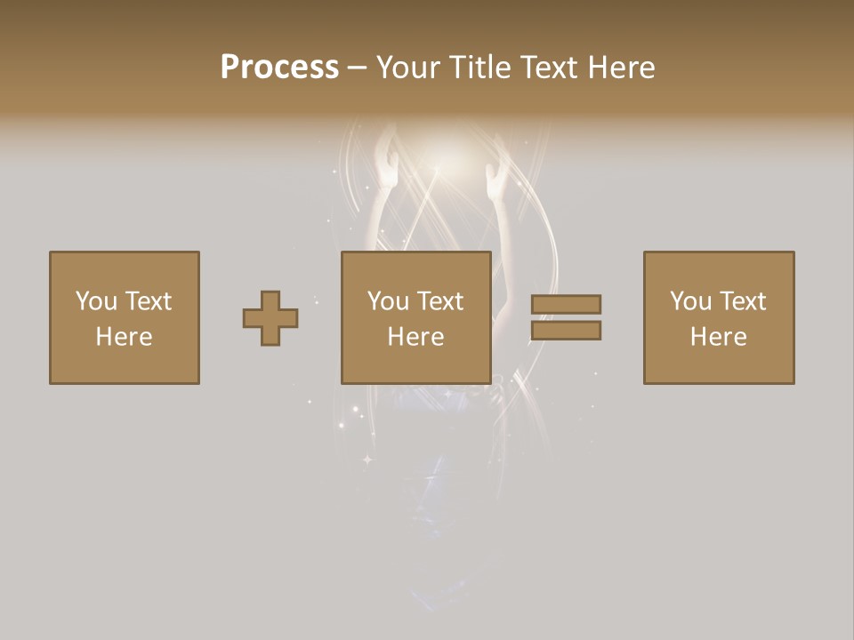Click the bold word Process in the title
coord(279,68)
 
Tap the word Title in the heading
coord(477,68)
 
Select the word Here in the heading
coord(622,68)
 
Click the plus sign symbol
coord(270,318)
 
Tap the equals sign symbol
coord(567,317)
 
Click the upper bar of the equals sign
coord(567,304)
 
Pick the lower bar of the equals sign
coord(567,331)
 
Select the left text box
coord(124,317)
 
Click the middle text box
coord(415,317)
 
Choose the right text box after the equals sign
coord(718,317)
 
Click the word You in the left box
coord(96,301)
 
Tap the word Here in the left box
coord(124,337)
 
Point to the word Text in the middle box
coord(440,301)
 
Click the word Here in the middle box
coord(415,337)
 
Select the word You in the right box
coord(690,301)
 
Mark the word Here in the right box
coord(718,337)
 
